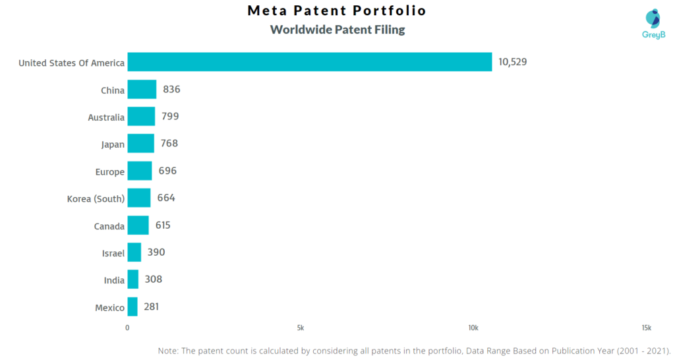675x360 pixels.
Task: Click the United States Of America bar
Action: tap(309, 62)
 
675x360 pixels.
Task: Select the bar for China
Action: tap(142, 90)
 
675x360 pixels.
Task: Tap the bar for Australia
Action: tap(141, 117)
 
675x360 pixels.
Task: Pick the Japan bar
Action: tap(140, 144)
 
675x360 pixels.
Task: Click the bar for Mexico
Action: tap(132, 307)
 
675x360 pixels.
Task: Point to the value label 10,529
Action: tap(513, 62)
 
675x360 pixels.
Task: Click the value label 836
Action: tap(171, 90)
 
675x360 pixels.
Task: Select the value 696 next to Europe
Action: tap(167, 171)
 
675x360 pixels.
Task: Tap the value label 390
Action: tap(156, 252)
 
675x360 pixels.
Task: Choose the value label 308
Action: tap(153, 280)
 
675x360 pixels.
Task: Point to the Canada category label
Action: tap(109, 226)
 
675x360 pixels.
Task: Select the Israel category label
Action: tap(113, 253)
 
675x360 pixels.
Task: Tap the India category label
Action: tap(114, 280)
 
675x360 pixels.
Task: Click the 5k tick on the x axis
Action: tap(301, 328)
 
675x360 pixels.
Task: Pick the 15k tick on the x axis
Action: tap(646, 328)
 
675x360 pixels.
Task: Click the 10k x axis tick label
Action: tap(473, 328)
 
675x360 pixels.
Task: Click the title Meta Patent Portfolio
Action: tap(337, 11)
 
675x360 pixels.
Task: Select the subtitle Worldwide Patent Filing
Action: tap(337, 30)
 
